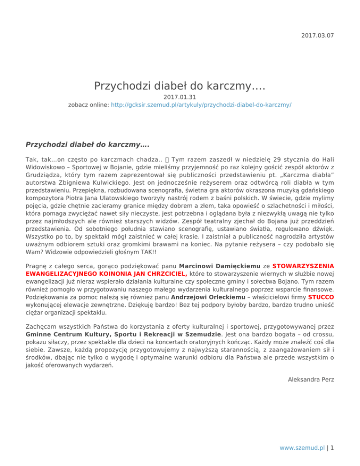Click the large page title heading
(x=180, y=86)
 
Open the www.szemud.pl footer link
(x=303, y=447)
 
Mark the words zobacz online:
(x=89, y=105)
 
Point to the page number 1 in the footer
(x=332, y=447)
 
